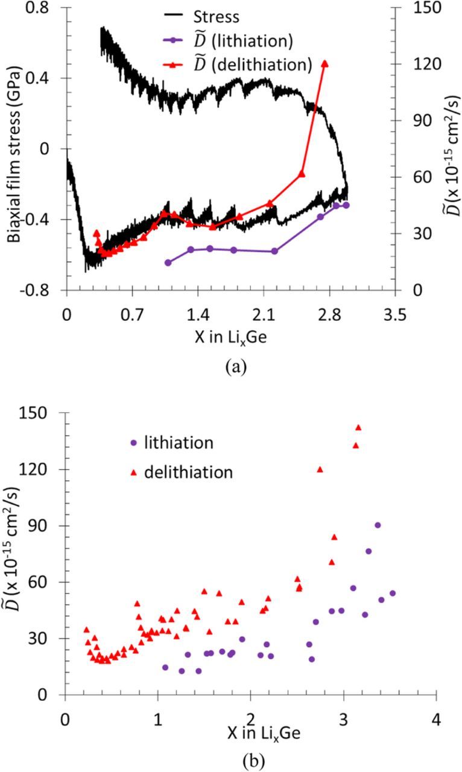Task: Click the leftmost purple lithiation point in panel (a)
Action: coord(168,262)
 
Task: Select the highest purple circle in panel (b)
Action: coord(378,525)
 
